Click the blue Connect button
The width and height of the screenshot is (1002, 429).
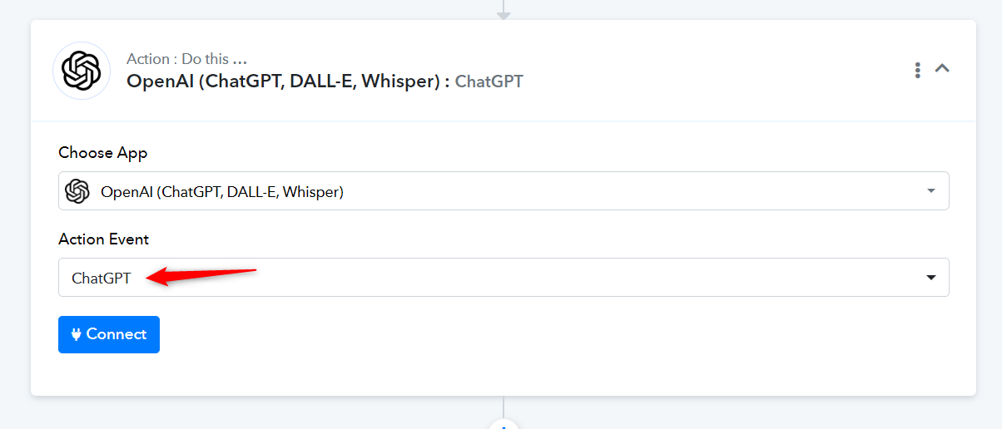click(x=109, y=334)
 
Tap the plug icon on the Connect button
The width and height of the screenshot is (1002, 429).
click(x=76, y=334)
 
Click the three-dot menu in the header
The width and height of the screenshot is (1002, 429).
click(x=917, y=70)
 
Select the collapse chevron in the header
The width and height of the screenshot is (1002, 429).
click(x=942, y=68)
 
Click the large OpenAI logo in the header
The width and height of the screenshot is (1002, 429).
click(x=82, y=71)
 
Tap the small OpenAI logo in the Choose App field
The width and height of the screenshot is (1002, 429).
click(x=77, y=191)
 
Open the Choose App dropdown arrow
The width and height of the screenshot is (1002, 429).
click(x=931, y=191)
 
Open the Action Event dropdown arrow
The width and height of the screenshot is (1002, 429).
click(x=931, y=278)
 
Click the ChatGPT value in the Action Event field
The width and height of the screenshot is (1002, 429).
click(x=101, y=278)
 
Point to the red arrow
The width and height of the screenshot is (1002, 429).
click(x=201, y=276)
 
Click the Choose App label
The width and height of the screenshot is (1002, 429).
click(x=103, y=153)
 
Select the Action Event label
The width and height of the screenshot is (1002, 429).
click(x=103, y=239)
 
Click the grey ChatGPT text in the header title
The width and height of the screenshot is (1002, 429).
click(x=489, y=81)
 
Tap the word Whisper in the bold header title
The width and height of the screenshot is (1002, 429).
click(x=401, y=81)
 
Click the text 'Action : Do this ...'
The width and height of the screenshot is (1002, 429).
click(x=186, y=58)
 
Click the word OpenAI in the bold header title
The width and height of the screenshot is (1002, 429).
click(x=160, y=81)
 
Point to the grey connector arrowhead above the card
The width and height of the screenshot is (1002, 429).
click(x=503, y=16)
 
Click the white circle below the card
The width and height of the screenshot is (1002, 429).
click(x=503, y=425)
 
